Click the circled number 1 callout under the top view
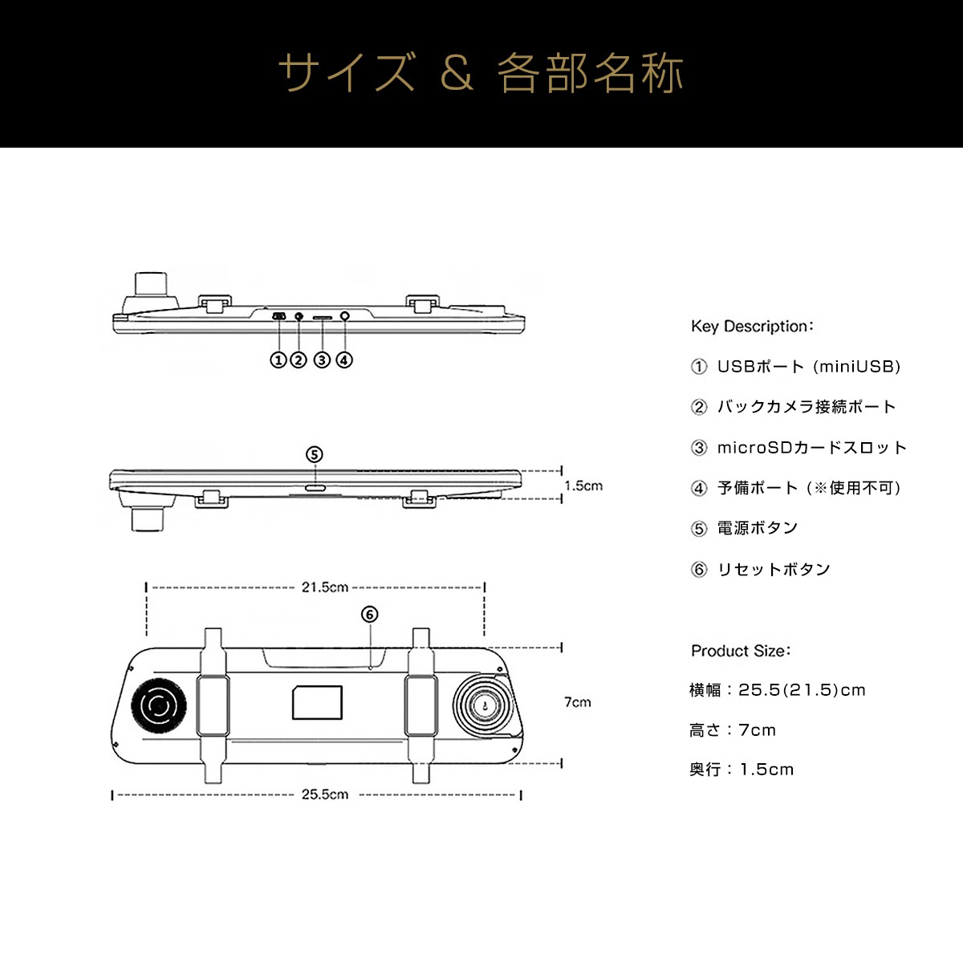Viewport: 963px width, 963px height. point(278,360)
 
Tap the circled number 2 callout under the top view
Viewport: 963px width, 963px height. point(299,360)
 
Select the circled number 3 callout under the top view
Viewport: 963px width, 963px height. point(322,360)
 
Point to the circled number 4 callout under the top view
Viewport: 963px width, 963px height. point(343,360)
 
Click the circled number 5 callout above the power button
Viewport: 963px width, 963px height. point(315,455)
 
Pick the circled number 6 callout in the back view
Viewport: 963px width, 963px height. point(369,615)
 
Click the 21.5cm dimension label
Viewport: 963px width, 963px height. point(324,587)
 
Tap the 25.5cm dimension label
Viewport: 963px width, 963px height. point(325,794)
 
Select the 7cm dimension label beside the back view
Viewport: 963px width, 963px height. point(577,702)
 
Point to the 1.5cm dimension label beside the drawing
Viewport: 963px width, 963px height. point(583,486)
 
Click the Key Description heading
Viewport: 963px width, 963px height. point(752,327)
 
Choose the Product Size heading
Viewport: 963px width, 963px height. point(741,651)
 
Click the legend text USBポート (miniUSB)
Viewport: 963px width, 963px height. point(808,367)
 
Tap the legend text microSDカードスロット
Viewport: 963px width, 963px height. point(811,448)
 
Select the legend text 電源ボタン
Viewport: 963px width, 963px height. point(757,528)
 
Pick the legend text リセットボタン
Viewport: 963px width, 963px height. point(774,569)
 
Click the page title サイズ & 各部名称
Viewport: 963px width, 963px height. point(481,73)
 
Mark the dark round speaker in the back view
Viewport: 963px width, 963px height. point(158,706)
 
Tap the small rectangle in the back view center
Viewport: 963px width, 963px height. point(317,703)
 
